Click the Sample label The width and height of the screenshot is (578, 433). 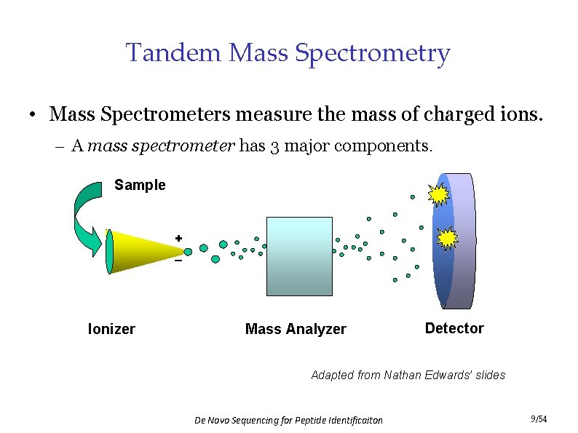(140, 185)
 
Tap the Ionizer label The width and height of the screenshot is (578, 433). (111, 329)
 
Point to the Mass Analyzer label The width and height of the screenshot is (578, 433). (296, 329)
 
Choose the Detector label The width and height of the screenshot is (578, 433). (454, 328)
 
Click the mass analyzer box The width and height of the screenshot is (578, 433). (299, 256)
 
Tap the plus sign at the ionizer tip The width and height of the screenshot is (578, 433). (178, 238)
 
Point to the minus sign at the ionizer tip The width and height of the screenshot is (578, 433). (178, 261)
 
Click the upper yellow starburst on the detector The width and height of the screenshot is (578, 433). (439, 195)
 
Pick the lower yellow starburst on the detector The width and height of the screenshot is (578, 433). (447, 238)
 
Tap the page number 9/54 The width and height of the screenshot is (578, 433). (539, 418)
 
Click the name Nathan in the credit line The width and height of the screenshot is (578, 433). (404, 375)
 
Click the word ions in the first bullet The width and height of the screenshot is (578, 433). (523, 114)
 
